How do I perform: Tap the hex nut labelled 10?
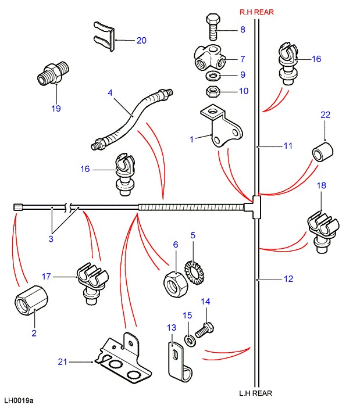[213, 91]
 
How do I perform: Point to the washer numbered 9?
[213, 76]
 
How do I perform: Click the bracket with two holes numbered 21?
[123, 361]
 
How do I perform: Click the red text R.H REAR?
[256, 12]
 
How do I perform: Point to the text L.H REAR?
[255, 393]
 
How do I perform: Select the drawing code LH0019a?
[19, 401]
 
